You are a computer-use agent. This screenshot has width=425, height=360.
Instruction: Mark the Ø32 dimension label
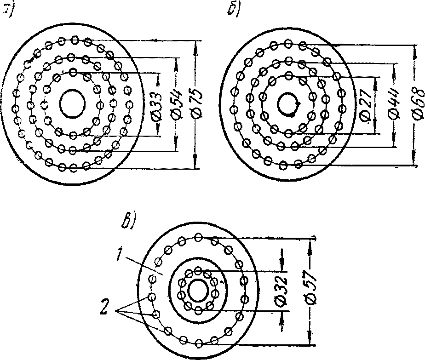point(282,291)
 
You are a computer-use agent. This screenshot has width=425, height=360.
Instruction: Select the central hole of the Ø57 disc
point(198,291)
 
